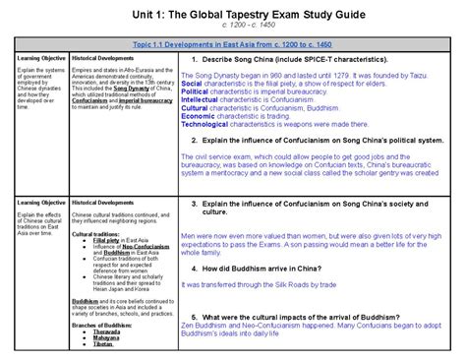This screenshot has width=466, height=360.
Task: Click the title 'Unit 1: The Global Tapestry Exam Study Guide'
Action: (x=233, y=15)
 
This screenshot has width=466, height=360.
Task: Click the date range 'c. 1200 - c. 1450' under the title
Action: (x=233, y=29)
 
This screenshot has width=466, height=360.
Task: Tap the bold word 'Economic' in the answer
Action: (x=197, y=117)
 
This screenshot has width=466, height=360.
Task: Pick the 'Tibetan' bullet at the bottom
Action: (x=99, y=346)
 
